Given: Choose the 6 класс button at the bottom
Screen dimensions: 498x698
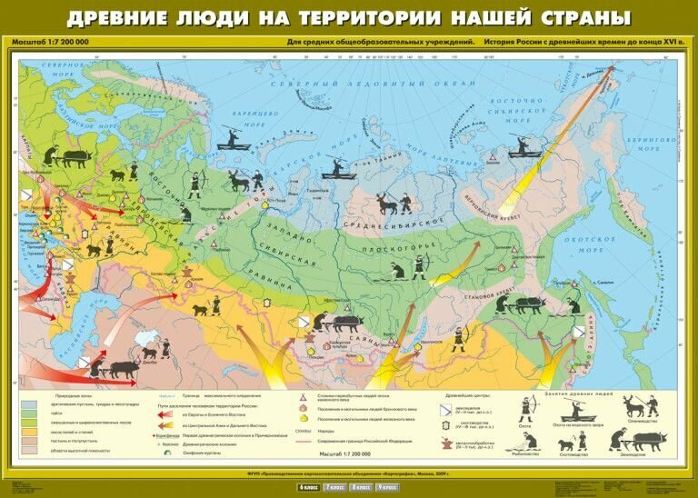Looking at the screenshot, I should [x=308, y=488].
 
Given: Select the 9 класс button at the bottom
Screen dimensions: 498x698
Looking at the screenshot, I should [x=387, y=488].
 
